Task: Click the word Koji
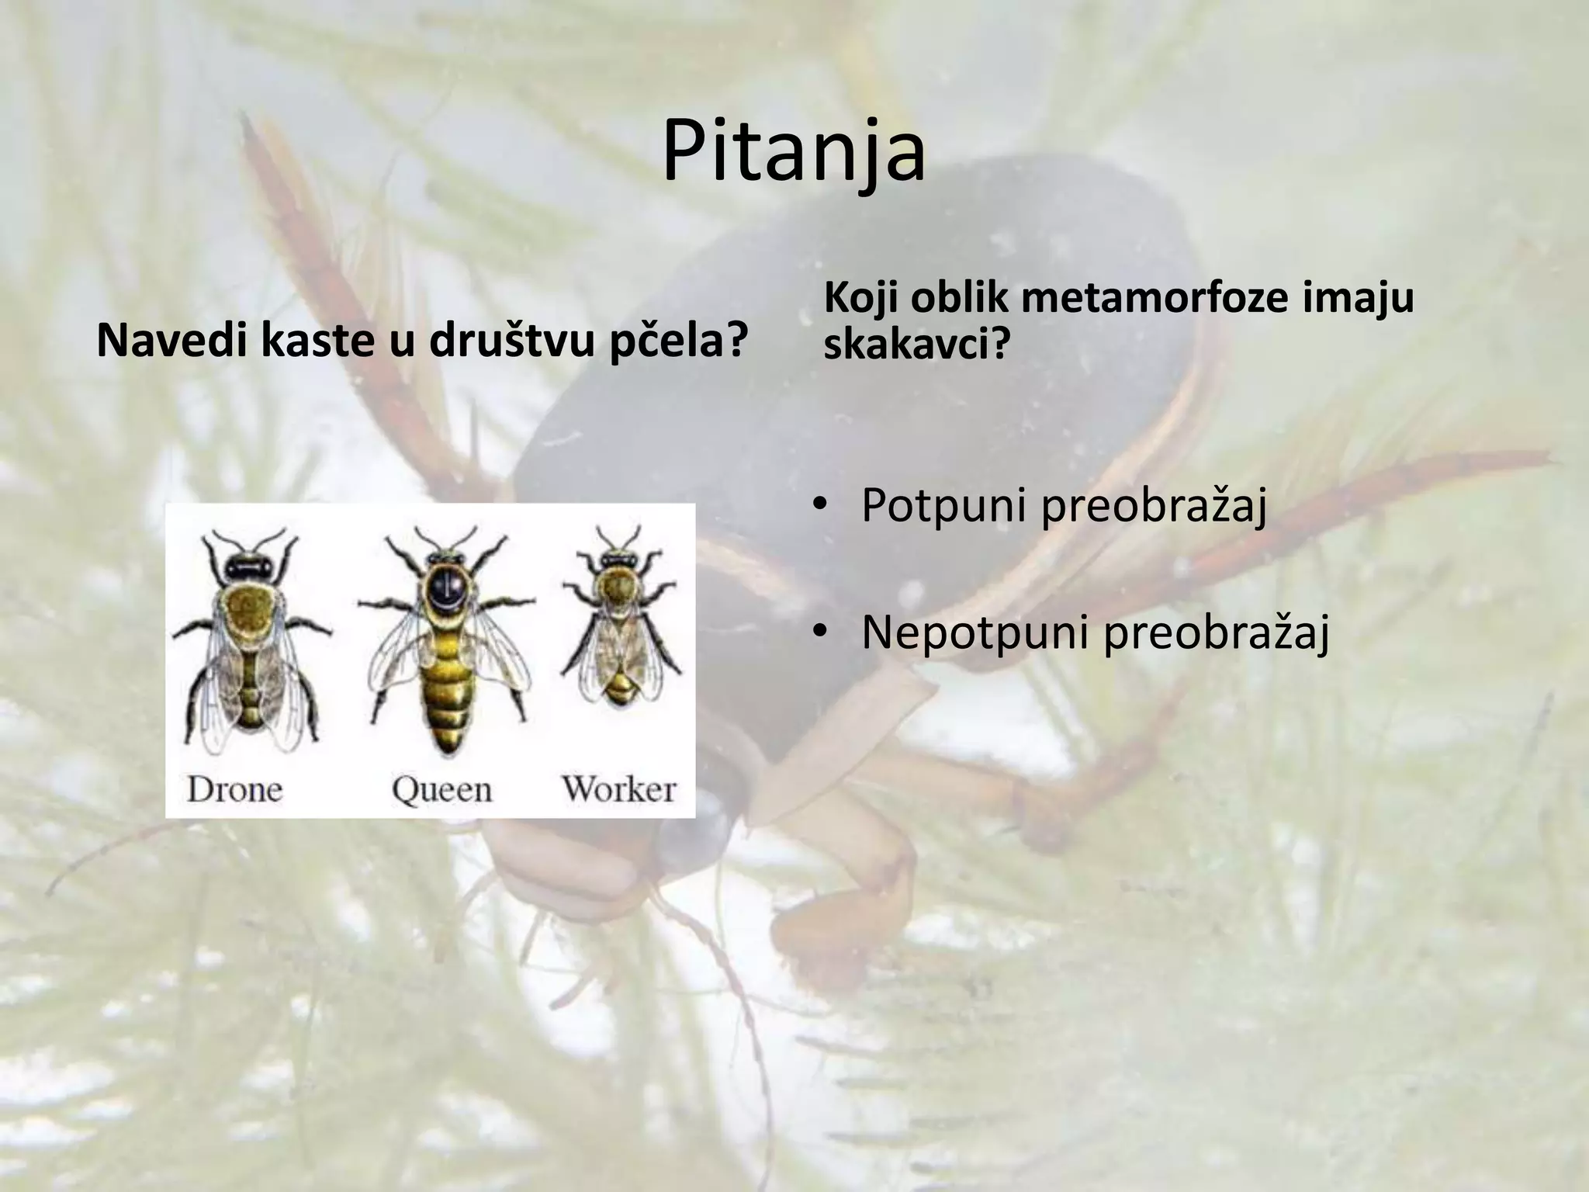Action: click(x=860, y=298)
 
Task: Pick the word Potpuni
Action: click(x=944, y=506)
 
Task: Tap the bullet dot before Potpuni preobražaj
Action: click(x=819, y=506)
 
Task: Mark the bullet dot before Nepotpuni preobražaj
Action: click(x=819, y=632)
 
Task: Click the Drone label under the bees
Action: click(x=234, y=790)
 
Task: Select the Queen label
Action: click(x=441, y=790)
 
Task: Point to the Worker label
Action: click(x=619, y=789)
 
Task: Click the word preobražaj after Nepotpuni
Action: click(x=1216, y=633)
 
